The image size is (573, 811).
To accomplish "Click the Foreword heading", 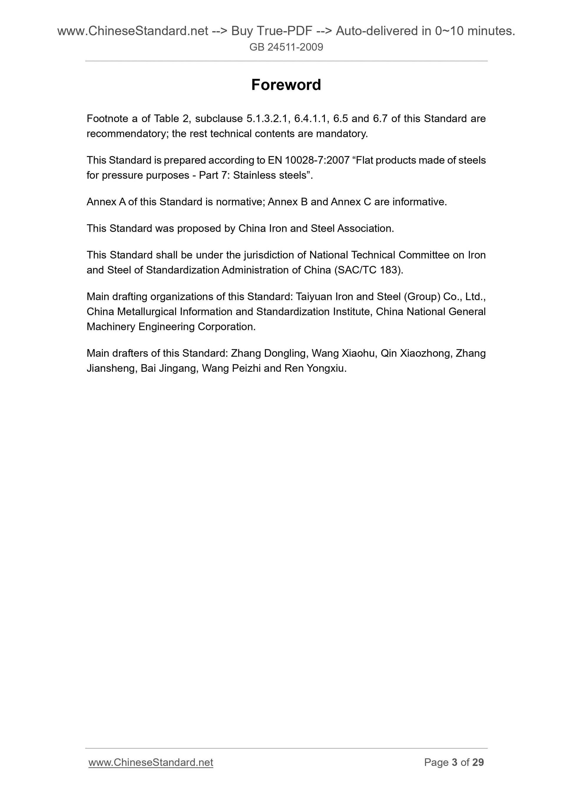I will pyautogui.click(x=286, y=85).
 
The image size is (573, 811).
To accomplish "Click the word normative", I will pyautogui.click(x=239, y=202).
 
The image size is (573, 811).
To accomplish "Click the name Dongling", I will pyautogui.click(x=285, y=354).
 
